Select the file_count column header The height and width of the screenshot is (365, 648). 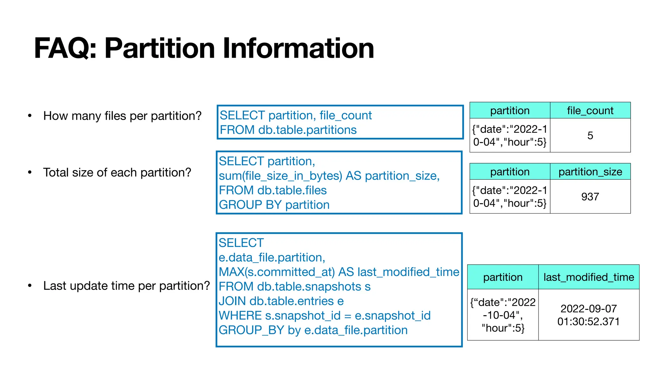pyautogui.click(x=590, y=111)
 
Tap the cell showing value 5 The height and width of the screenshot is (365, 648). pyautogui.click(x=590, y=136)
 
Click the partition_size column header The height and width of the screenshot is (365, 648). pyautogui.click(x=590, y=172)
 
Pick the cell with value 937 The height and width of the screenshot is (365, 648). pyautogui.click(x=590, y=197)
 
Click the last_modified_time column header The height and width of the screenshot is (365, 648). pyautogui.click(x=589, y=277)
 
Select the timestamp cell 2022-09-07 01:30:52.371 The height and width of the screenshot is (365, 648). pyautogui.click(x=589, y=315)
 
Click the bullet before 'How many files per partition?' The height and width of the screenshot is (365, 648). pyautogui.click(x=30, y=116)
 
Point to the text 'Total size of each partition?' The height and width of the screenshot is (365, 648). pyautogui.click(x=117, y=173)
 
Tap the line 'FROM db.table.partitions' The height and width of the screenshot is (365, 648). pyautogui.click(x=288, y=130)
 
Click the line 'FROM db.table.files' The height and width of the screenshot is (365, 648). pyautogui.click(x=272, y=190)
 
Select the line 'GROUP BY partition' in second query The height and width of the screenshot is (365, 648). pyautogui.click(x=274, y=205)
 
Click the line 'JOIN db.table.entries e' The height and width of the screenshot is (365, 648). pyautogui.click(x=281, y=301)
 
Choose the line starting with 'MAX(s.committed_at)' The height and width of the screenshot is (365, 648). pyautogui.click(x=339, y=272)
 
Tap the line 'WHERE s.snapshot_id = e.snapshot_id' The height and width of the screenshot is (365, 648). pyautogui.click(x=324, y=316)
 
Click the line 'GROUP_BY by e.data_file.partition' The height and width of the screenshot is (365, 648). pyautogui.click(x=313, y=330)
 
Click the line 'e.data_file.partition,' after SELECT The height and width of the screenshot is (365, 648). pyautogui.click(x=272, y=258)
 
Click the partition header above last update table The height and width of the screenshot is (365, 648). pyautogui.click(x=503, y=277)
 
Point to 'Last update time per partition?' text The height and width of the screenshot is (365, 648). pyautogui.click(x=127, y=286)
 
